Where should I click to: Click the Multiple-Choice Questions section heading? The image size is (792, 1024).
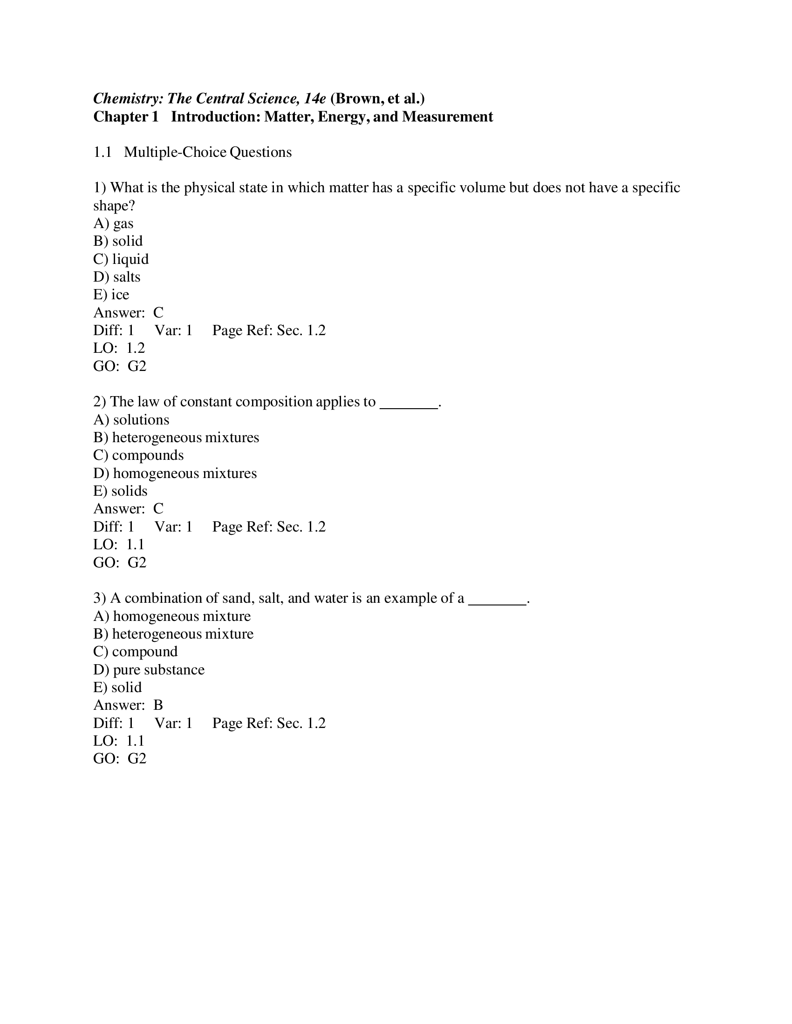click(207, 152)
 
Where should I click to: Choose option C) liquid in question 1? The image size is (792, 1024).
click(121, 259)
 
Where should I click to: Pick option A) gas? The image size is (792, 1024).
click(114, 223)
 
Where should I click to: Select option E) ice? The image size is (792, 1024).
click(111, 295)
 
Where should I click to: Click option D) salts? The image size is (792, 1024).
click(117, 276)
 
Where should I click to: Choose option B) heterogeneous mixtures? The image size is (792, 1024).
click(176, 437)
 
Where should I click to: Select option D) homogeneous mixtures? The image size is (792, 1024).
click(175, 473)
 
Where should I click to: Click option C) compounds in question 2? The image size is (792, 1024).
click(138, 455)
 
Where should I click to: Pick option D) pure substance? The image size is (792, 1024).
click(149, 669)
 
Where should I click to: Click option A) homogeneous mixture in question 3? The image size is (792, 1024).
click(172, 616)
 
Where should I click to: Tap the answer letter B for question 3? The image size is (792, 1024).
click(158, 705)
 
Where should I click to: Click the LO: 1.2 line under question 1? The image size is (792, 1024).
click(119, 348)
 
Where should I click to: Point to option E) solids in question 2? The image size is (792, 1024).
click(120, 491)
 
